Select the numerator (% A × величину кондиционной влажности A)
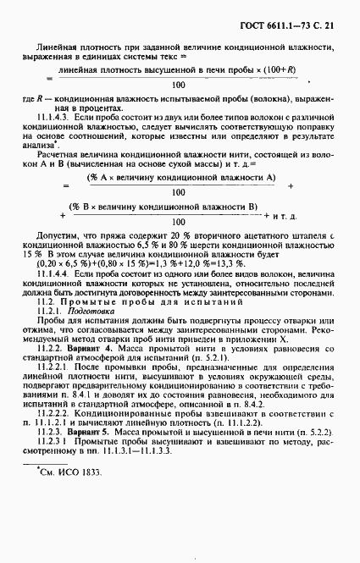click(179, 177)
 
